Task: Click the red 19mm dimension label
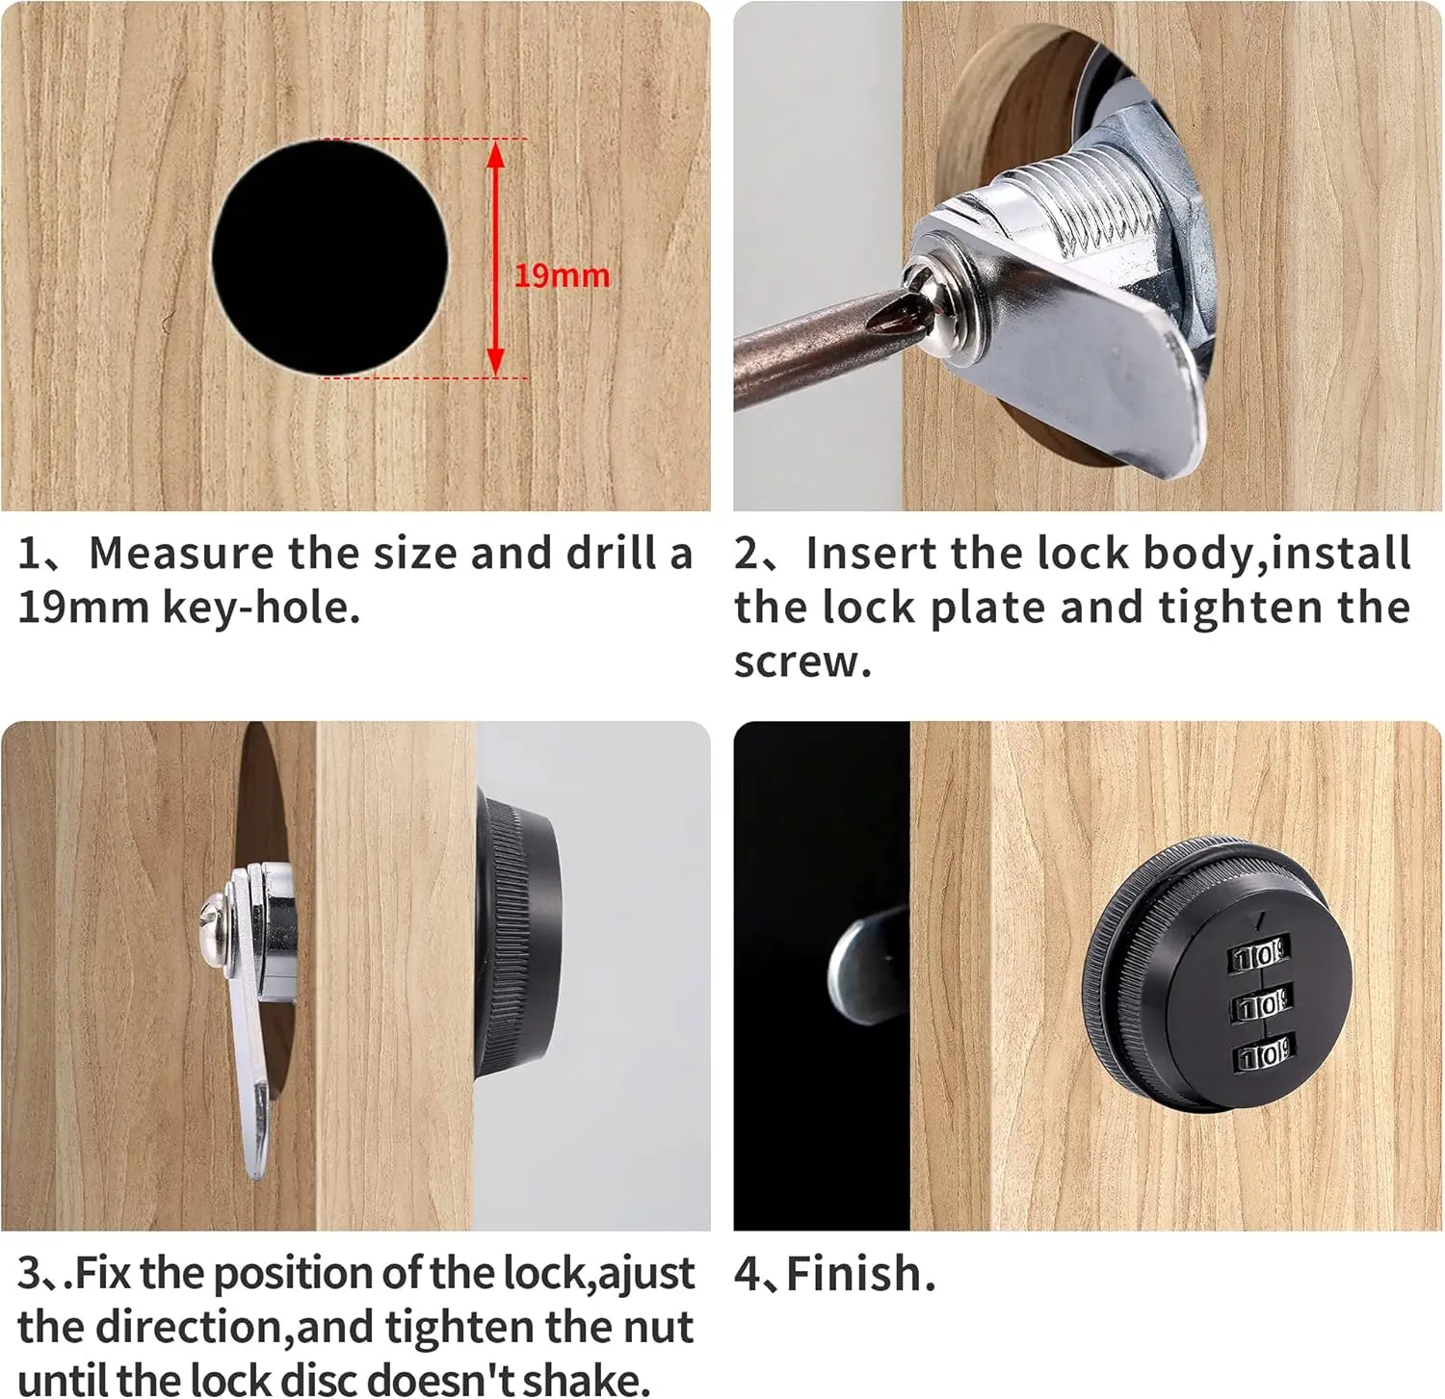562,275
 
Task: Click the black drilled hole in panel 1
330,257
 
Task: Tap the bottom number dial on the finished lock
1263,1056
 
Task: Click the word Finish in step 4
854,1274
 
